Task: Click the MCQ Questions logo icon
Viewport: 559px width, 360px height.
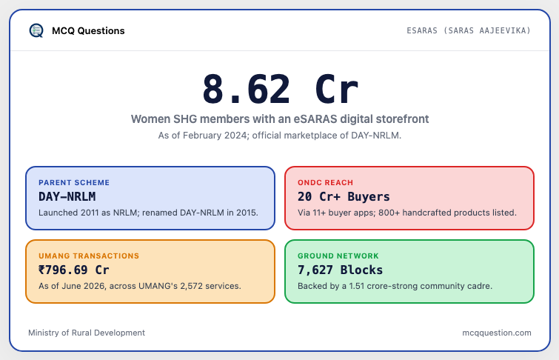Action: click(36, 30)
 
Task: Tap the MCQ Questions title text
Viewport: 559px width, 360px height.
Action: click(88, 30)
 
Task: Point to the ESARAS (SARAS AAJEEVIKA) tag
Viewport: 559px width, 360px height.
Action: click(469, 30)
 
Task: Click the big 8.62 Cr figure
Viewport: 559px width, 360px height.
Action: click(280, 89)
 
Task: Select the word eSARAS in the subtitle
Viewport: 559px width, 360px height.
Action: click(315, 119)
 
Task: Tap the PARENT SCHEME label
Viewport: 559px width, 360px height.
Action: click(74, 183)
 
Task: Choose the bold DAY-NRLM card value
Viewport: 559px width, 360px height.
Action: click(67, 196)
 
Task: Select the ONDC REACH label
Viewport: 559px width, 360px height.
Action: click(325, 183)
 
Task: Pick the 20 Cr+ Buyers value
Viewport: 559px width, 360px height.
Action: click(344, 196)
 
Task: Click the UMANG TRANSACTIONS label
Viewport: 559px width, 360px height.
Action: click(89, 256)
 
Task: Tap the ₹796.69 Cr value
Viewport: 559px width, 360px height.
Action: click(74, 270)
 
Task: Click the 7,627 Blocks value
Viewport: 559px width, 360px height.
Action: click(340, 270)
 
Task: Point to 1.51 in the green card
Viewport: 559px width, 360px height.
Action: click(357, 286)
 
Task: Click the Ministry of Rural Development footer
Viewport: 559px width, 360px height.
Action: click(87, 333)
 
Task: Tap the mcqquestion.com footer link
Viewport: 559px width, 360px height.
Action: click(497, 333)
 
